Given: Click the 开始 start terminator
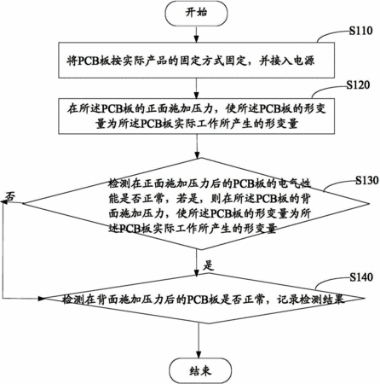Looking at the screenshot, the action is point(196,14).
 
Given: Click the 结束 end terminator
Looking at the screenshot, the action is point(200,370).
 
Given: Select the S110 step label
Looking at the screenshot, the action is point(360,31).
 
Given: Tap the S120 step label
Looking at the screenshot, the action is point(358,84).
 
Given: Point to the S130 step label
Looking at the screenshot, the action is point(367,180).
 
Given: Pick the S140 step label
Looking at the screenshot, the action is point(361,276).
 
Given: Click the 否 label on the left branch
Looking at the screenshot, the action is point(10,196).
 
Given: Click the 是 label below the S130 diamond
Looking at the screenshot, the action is point(208,265).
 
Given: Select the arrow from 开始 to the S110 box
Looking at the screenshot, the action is point(196,34).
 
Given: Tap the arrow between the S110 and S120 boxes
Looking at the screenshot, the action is point(196,88).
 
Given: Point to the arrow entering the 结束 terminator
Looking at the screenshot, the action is point(199,340).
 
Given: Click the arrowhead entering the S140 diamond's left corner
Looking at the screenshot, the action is point(42,299).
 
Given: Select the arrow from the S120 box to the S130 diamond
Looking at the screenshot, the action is point(197,146).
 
